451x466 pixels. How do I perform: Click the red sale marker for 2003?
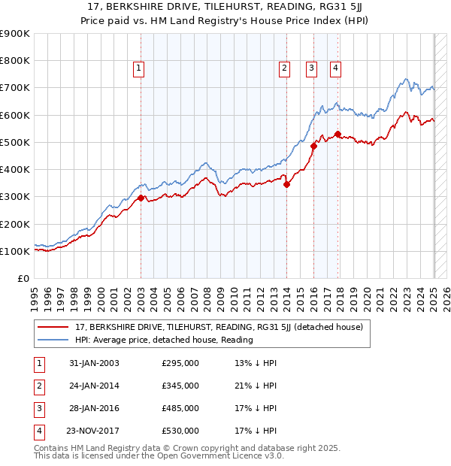tap(141, 198)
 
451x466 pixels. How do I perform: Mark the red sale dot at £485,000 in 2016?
tap(313, 147)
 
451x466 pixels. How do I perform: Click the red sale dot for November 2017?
tap(337, 135)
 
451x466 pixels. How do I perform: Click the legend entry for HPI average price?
tap(164, 340)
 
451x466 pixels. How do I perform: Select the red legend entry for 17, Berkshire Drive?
tap(219, 327)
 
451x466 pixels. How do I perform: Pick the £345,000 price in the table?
tap(180, 386)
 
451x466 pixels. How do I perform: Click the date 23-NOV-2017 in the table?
tap(93, 431)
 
